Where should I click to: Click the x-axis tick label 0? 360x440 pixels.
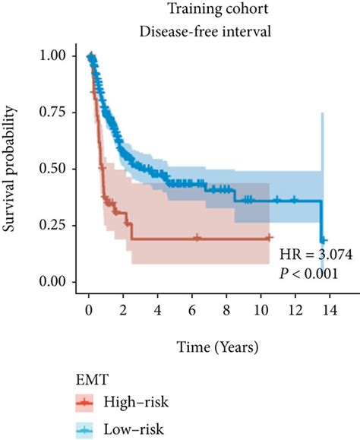[x=89, y=310]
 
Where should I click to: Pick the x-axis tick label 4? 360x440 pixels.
[x=158, y=310]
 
